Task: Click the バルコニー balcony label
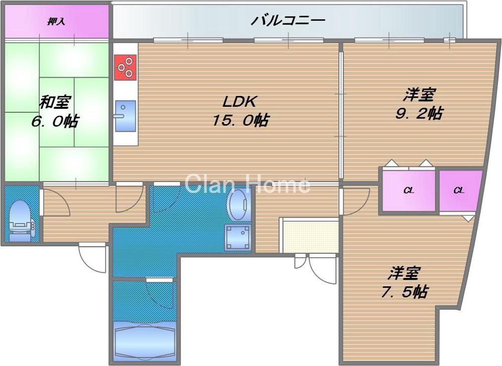288,21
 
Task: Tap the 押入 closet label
57,22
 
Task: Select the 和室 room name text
55,103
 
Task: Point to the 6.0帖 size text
55,121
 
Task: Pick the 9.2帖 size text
418,113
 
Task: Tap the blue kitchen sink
125,115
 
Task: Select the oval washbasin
238,206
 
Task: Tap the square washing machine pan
238,237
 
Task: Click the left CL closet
409,191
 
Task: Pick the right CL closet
459,191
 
